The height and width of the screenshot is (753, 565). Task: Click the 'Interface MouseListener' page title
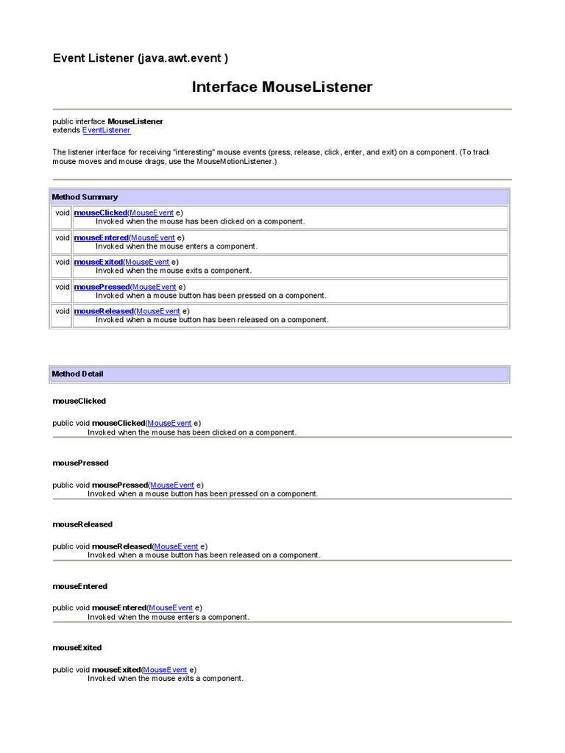pyautogui.click(x=282, y=88)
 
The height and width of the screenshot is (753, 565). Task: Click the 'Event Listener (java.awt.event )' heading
pyautogui.click(x=145, y=58)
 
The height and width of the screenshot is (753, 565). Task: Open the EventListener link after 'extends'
pyautogui.click(x=107, y=130)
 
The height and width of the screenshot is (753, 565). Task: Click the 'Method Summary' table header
pyautogui.click(x=85, y=197)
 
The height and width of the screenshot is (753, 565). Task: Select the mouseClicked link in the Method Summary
pyautogui.click(x=101, y=213)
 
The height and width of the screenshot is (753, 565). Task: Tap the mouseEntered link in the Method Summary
pyautogui.click(x=102, y=238)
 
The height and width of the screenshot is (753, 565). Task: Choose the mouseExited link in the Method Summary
pyautogui.click(x=99, y=262)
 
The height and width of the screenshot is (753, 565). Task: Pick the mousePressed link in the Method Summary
pyautogui.click(x=102, y=287)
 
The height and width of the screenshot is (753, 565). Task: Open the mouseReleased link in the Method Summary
pyautogui.click(x=104, y=311)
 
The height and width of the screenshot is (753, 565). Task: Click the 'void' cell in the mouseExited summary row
pyautogui.click(x=62, y=262)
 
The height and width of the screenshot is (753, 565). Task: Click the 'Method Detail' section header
pyautogui.click(x=77, y=374)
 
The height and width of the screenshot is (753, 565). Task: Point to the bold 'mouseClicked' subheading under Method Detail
pyautogui.click(x=79, y=401)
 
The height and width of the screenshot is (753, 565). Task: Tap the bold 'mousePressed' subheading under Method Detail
pyautogui.click(x=80, y=463)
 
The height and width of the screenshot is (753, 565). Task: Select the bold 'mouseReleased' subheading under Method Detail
pyautogui.click(x=82, y=524)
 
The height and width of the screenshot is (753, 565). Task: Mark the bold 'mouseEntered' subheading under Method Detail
pyautogui.click(x=79, y=586)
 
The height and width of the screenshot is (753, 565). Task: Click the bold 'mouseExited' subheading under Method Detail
pyautogui.click(x=77, y=648)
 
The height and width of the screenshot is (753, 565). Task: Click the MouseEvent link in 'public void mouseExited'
pyautogui.click(x=165, y=670)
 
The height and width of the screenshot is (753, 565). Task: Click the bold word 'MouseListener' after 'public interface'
pyautogui.click(x=135, y=121)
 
